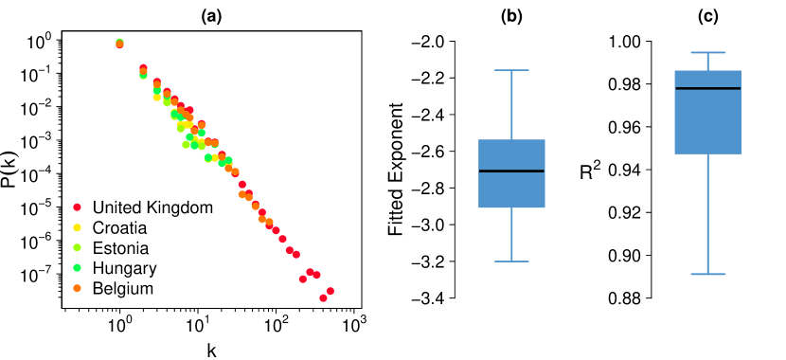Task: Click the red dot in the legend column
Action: click(x=77, y=207)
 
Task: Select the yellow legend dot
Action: click(x=77, y=227)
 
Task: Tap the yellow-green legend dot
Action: click(x=77, y=247)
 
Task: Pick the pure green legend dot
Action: click(x=77, y=267)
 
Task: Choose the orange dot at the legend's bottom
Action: click(x=77, y=288)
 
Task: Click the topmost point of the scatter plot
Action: click(x=119, y=43)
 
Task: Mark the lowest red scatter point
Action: click(x=323, y=297)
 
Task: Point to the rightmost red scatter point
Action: click(x=330, y=291)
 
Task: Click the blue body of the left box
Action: click(x=511, y=189)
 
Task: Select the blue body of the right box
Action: click(x=707, y=123)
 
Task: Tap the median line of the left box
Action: click(x=511, y=171)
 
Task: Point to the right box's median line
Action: click(x=707, y=88)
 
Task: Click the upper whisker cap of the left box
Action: click(x=511, y=70)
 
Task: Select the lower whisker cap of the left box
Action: click(x=511, y=261)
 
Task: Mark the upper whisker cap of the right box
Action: click(x=707, y=52)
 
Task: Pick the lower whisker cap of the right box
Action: click(x=707, y=274)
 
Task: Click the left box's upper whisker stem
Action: click(x=511, y=104)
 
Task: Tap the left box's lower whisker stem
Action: click(x=511, y=235)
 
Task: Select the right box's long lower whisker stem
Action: click(x=707, y=214)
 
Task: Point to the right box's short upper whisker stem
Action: click(x=707, y=61)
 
